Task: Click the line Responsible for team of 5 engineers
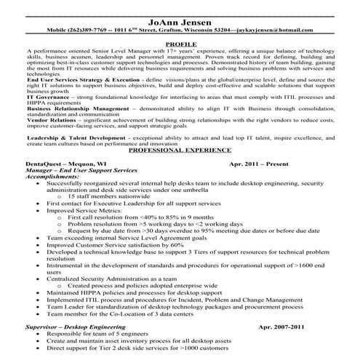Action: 109,335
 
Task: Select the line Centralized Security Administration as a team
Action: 113,278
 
